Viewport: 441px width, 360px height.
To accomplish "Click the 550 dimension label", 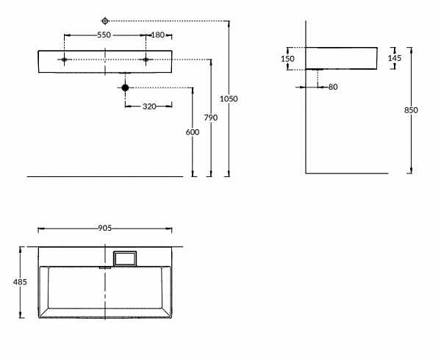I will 104,35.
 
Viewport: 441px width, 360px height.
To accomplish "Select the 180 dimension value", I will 158,35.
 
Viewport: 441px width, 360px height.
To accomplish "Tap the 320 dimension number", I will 149,107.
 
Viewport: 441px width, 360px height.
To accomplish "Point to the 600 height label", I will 192,132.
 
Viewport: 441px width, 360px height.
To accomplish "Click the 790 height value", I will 211,118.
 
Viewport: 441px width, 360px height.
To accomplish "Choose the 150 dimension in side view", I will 288,59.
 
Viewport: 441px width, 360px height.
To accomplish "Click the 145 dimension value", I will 395,58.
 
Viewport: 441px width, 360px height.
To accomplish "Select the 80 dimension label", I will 333,87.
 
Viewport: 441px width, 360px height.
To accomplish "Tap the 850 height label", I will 411,110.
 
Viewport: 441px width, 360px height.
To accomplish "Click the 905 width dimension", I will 104,228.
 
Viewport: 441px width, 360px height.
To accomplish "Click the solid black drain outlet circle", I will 124,88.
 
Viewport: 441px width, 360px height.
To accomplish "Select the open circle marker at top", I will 104,21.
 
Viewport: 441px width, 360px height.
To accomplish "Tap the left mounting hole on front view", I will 65,59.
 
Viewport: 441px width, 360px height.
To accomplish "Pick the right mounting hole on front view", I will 146,59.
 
